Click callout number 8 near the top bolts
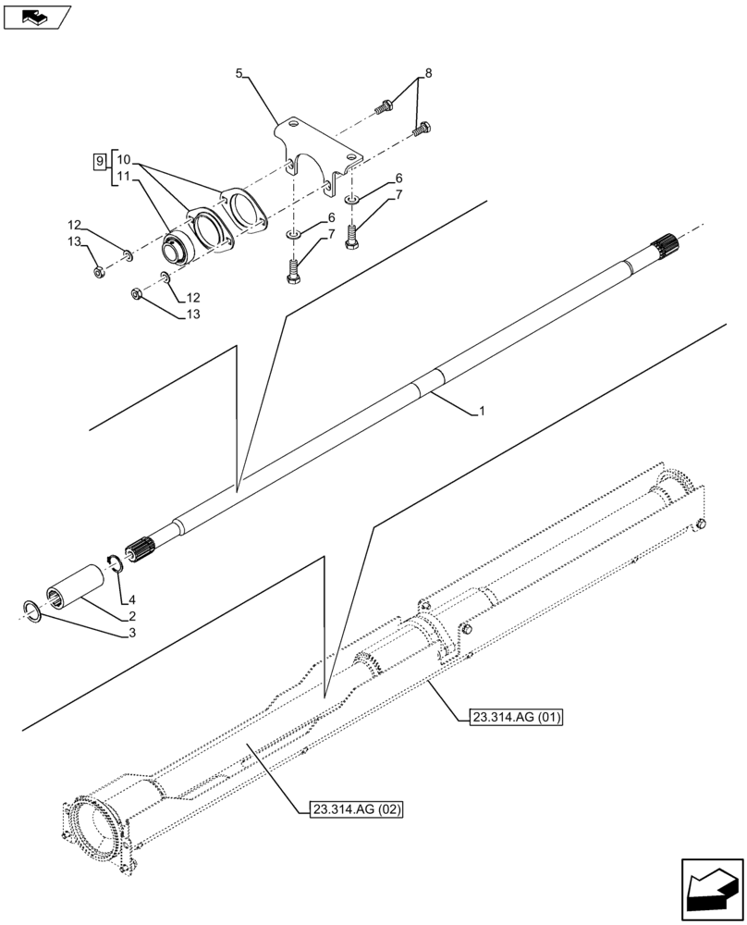pos(428,72)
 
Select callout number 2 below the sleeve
pos(133,615)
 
